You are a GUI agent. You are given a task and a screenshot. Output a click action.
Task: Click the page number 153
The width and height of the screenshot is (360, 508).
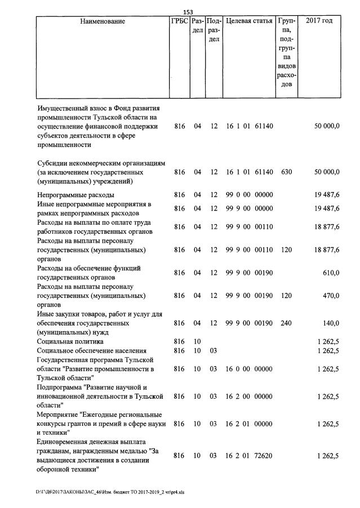(x=188, y=12)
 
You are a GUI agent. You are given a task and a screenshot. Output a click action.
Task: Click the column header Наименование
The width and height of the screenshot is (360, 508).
(x=102, y=21)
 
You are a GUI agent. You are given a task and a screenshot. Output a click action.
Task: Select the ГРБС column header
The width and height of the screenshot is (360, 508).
(x=179, y=21)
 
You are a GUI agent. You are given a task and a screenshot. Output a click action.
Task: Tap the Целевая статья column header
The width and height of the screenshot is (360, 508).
(x=248, y=21)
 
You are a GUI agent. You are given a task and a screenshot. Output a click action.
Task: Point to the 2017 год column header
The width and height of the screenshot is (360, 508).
(x=318, y=21)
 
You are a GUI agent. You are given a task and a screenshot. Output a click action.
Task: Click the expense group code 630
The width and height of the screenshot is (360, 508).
(x=286, y=172)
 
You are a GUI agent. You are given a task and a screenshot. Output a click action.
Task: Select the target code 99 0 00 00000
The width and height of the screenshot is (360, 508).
(x=249, y=195)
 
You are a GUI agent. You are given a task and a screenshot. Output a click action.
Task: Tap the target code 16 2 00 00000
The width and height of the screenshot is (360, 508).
(x=249, y=396)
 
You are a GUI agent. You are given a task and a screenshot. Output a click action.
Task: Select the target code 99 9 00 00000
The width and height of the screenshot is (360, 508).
(x=249, y=208)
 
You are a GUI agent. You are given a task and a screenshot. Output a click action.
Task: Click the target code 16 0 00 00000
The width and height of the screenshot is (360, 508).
(x=249, y=369)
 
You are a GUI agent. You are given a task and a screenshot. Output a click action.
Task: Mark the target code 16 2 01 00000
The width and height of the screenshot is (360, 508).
(x=249, y=424)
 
